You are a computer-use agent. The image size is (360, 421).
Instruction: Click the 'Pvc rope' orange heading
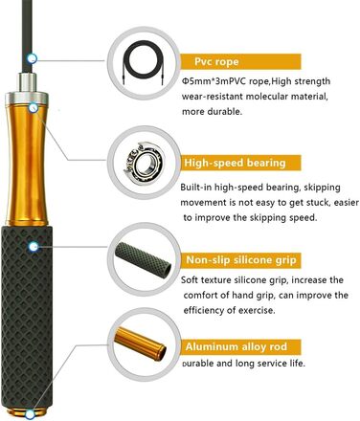216,61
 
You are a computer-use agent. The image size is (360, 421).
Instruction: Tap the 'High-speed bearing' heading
235,163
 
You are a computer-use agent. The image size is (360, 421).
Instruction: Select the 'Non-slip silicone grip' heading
241,260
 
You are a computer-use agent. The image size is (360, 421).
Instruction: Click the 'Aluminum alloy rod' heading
236,346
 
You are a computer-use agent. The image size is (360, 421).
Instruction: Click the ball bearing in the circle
144,164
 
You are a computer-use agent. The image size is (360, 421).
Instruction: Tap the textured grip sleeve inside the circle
144,259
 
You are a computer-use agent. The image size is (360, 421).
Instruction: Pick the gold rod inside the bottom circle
141,343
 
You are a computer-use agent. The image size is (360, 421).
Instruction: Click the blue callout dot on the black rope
32,58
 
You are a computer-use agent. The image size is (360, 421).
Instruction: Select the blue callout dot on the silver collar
34,108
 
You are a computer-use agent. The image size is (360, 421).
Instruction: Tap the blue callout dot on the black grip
34,247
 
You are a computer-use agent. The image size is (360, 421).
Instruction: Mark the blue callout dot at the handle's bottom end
30,414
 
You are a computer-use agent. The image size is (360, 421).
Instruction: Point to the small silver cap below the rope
28,82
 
